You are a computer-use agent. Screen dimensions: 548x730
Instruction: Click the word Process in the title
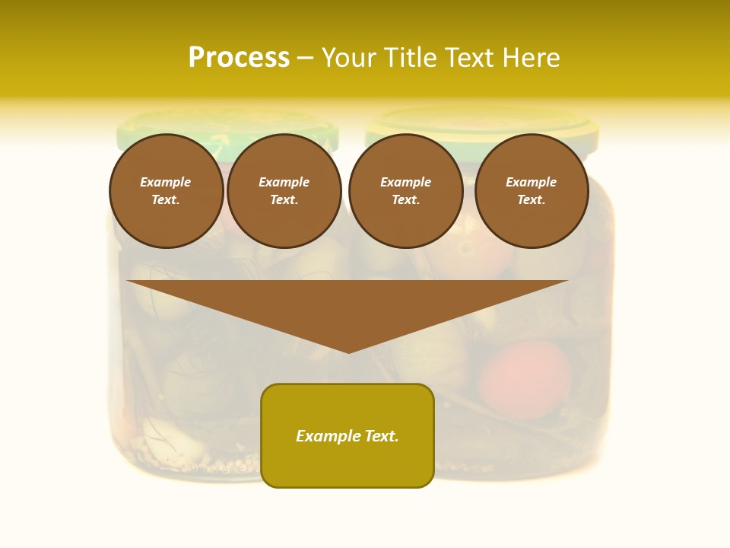239,58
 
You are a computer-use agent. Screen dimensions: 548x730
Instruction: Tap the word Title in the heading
410,58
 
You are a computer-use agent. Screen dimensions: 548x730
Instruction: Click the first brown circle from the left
167,191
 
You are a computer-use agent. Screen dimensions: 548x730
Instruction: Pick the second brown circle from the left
284,191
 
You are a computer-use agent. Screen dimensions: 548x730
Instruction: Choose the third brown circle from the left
406,191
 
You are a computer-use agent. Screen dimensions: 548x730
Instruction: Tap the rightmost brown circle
532,191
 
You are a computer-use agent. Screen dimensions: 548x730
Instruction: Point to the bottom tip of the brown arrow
348,352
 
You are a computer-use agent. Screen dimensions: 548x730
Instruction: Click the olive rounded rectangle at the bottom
348,464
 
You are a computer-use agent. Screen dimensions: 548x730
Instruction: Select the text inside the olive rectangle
348,436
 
